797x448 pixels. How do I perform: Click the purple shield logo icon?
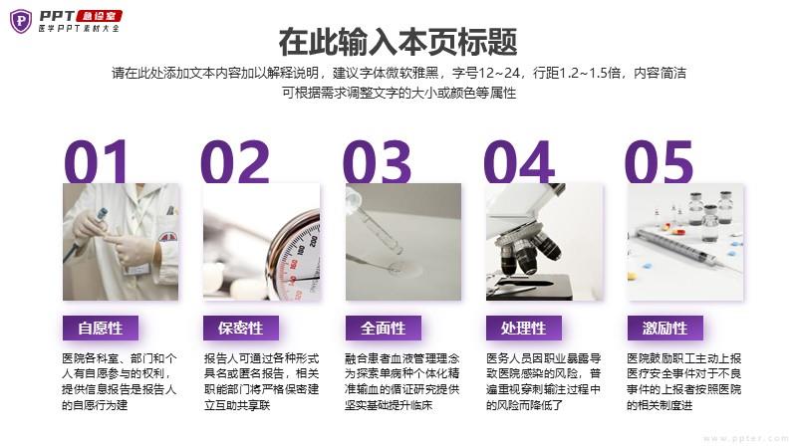pos(21,21)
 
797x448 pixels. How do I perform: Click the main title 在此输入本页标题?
pos(398,42)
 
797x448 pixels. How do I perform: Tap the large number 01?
pos(96,161)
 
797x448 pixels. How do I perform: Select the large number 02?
pos(235,161)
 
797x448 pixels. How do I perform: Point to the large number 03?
pos(377,161)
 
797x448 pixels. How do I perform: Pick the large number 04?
pos(518,161)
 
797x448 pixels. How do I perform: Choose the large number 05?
pos(659,161)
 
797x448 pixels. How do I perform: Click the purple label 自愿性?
pos(101,329)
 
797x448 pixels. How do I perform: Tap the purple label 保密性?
pos(241,329)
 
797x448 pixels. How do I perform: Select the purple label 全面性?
pos(384,329)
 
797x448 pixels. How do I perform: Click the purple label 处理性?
pos(524,329)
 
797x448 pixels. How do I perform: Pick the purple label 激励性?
pos(664,329)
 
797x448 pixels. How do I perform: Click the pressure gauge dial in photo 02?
pos(296,259)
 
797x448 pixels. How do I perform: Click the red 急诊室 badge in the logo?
pos(99,16)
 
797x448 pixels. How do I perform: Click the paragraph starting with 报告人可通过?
pos(261,381)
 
